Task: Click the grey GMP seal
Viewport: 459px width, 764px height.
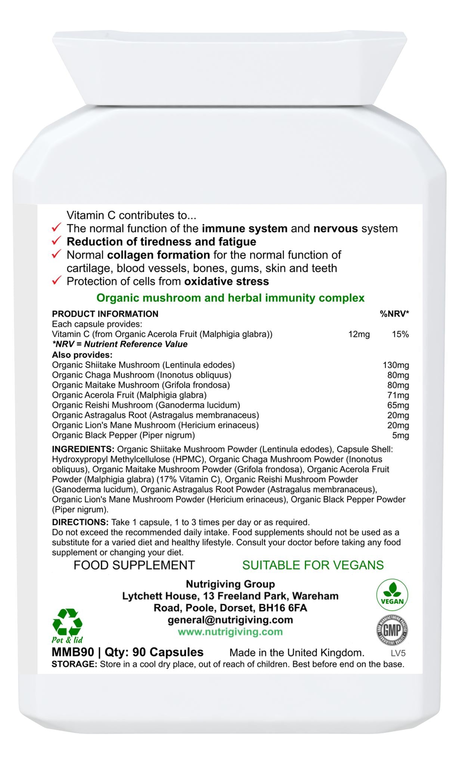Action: (x=392, y=631)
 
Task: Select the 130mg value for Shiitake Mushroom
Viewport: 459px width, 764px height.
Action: (x=396, y=365)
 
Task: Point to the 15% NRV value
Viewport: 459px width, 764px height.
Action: (x=400, y=334)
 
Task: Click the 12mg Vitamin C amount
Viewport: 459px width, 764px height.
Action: (x=359, y=334)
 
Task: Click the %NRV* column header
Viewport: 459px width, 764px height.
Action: (x=394, y=314)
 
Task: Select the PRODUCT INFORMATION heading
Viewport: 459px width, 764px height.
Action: (x=105, y=314)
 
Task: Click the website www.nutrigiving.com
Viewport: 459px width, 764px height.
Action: (x=230, y=632)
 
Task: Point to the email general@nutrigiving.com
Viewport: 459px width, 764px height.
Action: (x=230, y=620)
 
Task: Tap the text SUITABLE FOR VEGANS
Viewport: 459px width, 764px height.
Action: (x=313, y=565)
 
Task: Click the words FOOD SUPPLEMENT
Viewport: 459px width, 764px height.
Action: (x=134, y=565)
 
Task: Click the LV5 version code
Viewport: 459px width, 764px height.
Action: (x=398, y=653)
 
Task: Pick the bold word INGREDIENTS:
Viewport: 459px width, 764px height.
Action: (x=83, y=449)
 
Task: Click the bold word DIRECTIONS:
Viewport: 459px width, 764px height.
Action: (x=80, y=522)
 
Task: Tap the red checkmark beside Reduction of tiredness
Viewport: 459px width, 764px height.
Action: (x=56, y=241)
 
